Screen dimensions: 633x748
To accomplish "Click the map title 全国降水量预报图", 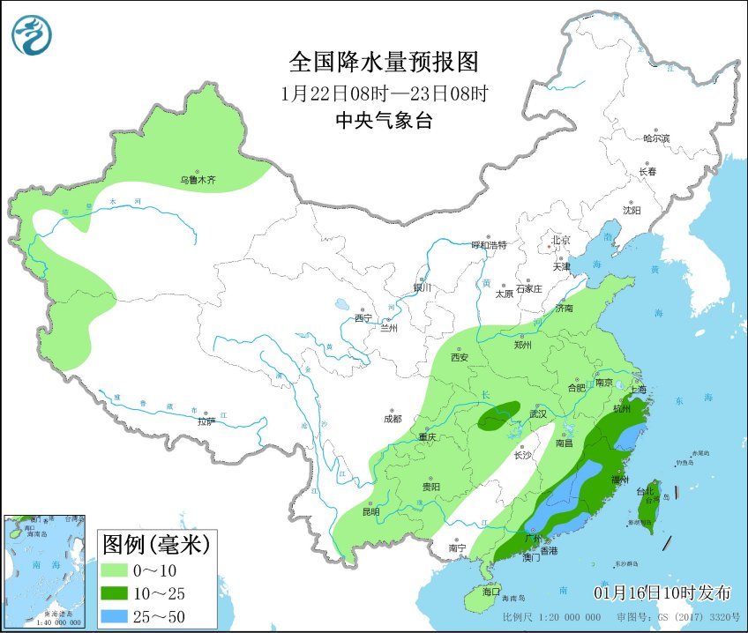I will [384, 63].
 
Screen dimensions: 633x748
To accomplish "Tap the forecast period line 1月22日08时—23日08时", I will [384, 93].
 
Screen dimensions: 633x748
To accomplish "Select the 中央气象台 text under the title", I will [384, 122].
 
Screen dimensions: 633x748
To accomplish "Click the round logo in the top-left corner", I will [32, 35].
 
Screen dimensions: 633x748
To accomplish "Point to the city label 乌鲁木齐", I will [198, 180].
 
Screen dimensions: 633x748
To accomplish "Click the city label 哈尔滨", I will [656, 139].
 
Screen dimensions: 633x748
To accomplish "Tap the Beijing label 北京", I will [561, 240].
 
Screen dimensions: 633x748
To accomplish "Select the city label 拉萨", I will [206, 421].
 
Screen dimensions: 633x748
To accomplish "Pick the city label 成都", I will [393, 419].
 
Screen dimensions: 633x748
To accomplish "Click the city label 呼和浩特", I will [489, 245].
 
